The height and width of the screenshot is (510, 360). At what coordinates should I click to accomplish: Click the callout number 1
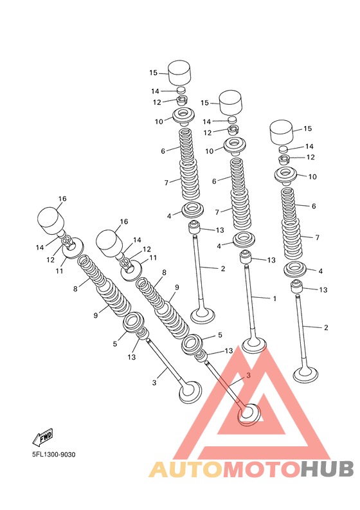pos(274,298)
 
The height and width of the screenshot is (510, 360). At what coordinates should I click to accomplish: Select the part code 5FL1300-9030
pos(53,455)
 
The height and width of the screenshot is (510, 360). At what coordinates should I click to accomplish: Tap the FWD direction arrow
pos(42,437)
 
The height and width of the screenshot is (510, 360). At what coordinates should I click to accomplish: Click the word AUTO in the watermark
pos(186,469)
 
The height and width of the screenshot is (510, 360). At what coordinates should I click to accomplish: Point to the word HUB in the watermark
pos(326,469)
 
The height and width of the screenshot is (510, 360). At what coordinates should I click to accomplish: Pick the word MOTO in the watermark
pos(261,469)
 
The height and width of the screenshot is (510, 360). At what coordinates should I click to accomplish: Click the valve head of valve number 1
pos(255,345)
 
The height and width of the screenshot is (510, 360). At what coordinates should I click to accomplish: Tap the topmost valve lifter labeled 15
pos(179,73)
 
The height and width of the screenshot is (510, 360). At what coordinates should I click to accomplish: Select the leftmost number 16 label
pos(62,199)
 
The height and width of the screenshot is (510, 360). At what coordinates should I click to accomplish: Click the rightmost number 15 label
pos(308,129)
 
